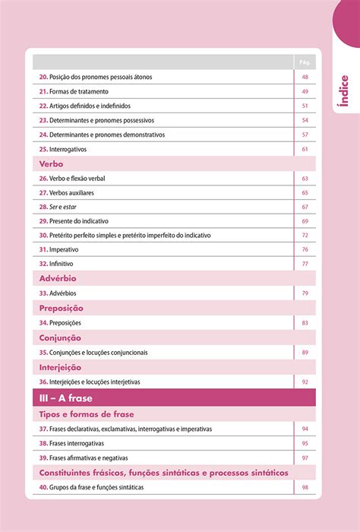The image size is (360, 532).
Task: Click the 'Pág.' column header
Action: [305, 62]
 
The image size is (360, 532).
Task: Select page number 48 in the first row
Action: [305, 77]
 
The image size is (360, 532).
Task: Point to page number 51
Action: [305, 106]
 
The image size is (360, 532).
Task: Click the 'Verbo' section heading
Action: [51, 163]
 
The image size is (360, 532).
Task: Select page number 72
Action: [305, 236]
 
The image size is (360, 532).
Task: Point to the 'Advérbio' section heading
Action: [58, 279]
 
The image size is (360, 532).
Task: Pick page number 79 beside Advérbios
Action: [305, 293]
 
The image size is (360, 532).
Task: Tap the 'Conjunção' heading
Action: [60, 337]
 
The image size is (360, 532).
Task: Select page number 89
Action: [305, 352]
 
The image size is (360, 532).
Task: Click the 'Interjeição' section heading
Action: [61, 366]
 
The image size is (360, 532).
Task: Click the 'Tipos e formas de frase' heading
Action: [87, 414]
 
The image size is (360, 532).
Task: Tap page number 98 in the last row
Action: [305, 487]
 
